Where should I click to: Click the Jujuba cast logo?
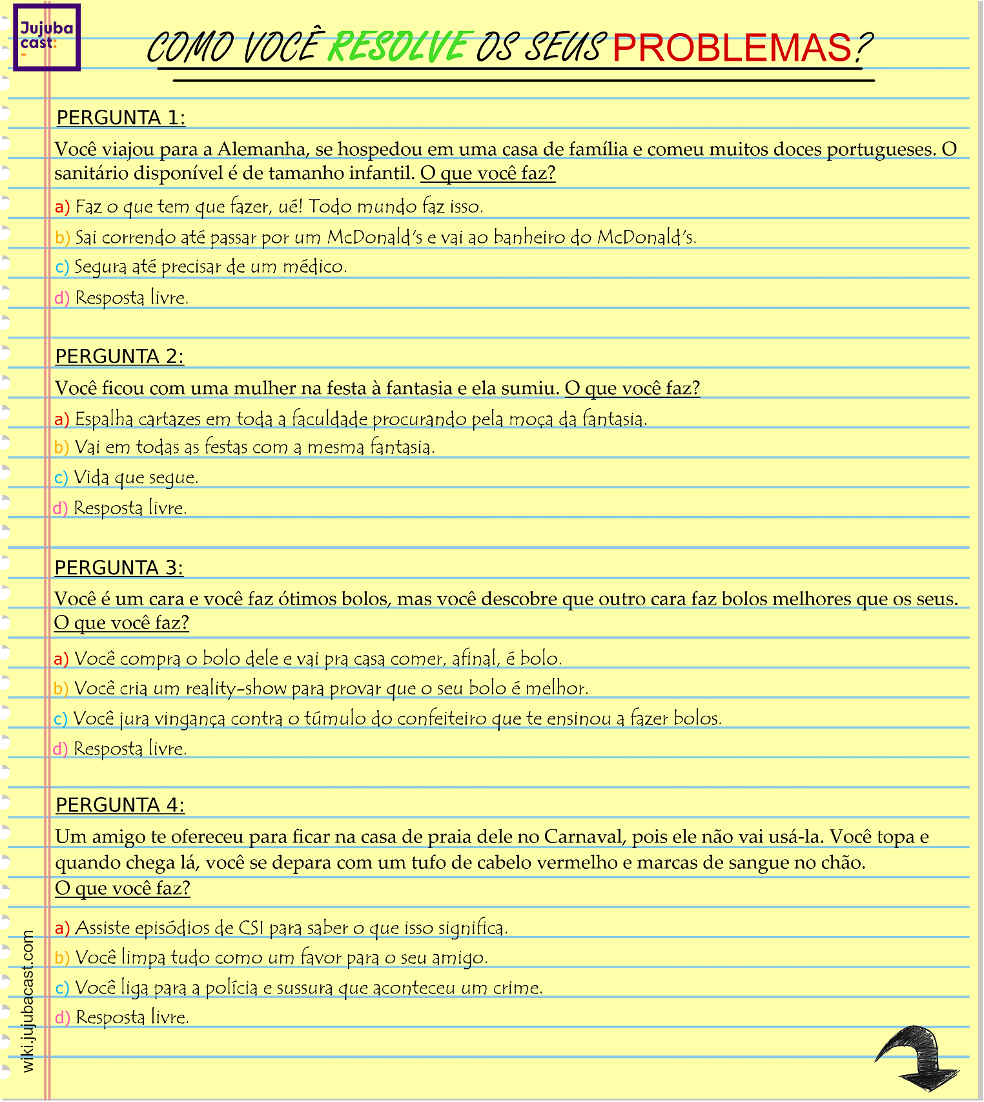click(x=46, y=37)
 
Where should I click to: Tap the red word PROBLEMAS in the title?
click(x=732, y=47)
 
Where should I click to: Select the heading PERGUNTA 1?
click(x=121, y=118)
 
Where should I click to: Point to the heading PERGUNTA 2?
click(x=119, y=357)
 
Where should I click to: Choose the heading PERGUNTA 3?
click(x=119, y=568)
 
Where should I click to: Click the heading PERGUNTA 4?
click(x=120, y=806)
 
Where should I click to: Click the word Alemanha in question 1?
click(x=261, y=149)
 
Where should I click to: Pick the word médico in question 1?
click(x=314, y=267)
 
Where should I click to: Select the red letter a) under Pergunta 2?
click(x=61, y=420)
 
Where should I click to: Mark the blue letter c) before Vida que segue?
click(x=61, y=478)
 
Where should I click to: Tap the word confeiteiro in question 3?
click(x=442, y=719)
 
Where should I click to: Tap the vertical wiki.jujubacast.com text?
click(x=28, y=1001)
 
